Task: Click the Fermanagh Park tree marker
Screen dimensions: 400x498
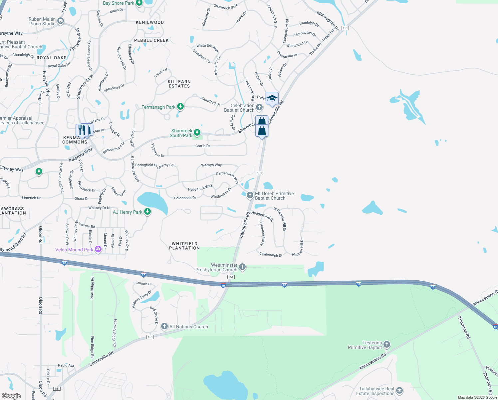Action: point(180,107)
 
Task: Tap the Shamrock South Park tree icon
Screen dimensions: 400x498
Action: point(197,133)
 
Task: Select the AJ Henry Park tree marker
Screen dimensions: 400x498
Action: point(147,212)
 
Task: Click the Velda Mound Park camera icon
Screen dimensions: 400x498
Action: point(98,249)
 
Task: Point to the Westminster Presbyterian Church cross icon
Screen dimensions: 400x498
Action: point(242,267)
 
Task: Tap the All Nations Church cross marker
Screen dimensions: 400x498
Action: point(164,326)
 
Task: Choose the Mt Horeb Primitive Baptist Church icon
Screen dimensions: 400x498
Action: point(250,195)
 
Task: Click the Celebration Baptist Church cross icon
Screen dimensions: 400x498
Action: point(259,107)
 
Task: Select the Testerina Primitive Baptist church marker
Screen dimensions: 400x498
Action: point(386,344)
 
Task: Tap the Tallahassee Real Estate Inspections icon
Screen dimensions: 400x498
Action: point(399,391)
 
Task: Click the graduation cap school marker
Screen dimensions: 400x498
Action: point(272,99)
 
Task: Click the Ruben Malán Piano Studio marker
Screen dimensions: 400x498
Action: point(60,21)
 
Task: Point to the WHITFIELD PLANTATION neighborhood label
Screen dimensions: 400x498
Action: point(184,246)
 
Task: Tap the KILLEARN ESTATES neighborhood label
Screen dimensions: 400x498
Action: point(179,84)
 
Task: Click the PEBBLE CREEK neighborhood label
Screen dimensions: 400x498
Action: point(151,40)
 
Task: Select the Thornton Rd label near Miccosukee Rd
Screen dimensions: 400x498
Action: point(464,327)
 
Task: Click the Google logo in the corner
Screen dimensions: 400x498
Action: point(11,396)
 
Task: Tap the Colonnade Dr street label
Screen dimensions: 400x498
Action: point(185,198)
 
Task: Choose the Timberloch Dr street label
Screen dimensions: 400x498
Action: point(271,255)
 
